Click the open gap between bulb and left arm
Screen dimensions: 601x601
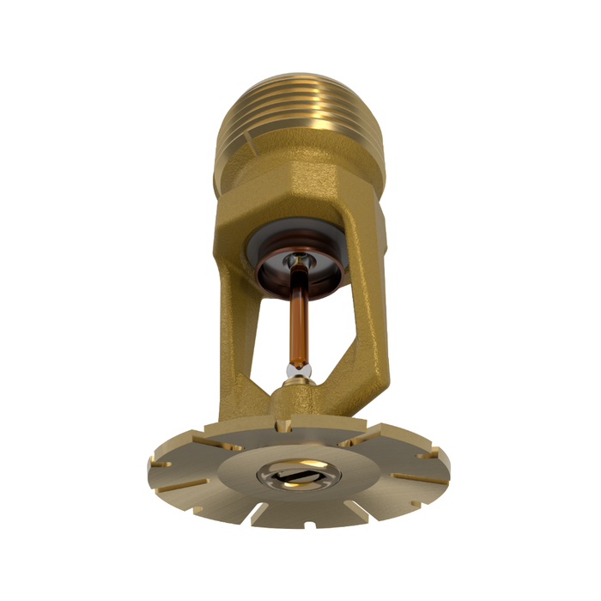point(270,343)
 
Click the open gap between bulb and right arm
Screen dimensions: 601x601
point(331,343)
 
